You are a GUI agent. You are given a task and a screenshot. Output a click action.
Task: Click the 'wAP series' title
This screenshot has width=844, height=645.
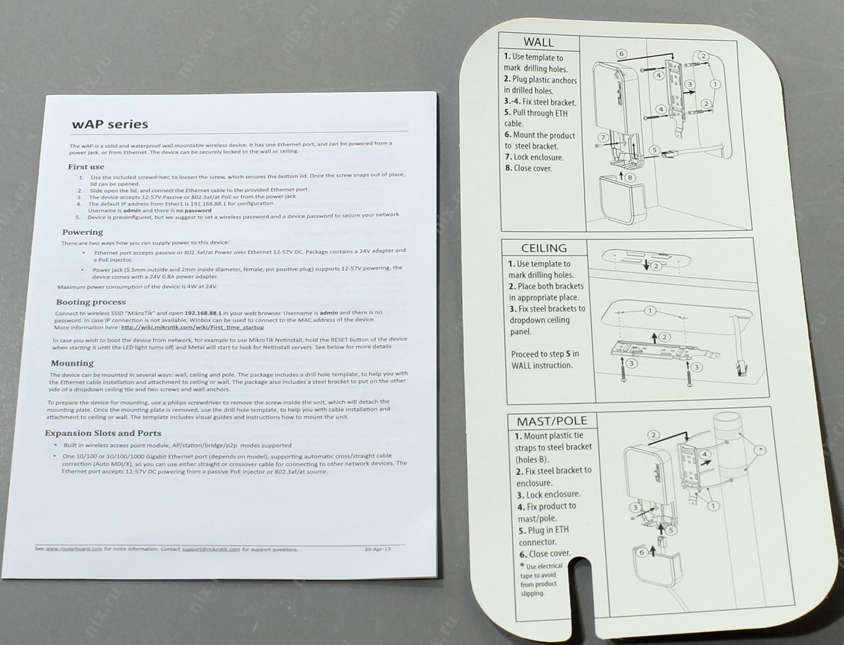[x=110, y=124]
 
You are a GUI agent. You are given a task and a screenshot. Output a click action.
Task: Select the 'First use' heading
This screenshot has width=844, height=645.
[x=86, y=167]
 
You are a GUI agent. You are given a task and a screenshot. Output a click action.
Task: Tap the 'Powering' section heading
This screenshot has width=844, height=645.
[x=83, y=232]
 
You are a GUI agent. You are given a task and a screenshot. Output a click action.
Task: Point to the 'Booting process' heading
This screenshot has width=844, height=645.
[x=91, y=302]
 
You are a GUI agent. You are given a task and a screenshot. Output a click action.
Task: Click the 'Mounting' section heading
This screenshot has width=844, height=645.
[x=72, y=363]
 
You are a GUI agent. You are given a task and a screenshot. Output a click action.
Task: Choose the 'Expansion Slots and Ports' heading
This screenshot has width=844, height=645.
[x=103, y=433]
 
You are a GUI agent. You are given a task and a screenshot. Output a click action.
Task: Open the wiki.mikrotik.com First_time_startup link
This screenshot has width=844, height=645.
[x=192, y=327]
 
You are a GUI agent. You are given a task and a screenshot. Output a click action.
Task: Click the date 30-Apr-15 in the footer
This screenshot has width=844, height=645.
[x=378, y=549]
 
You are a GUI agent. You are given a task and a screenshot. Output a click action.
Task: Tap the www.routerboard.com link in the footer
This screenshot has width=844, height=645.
[x=74, y=549]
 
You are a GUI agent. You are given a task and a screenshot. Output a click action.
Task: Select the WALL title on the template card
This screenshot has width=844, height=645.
[x=539, y=42]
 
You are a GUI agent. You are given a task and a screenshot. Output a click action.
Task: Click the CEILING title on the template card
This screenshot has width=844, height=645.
[x=544, y=248]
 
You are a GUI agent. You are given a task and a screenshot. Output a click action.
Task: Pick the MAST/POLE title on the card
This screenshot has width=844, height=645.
[x=552, y=421]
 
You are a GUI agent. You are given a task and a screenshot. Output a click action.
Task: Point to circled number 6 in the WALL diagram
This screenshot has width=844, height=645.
[x=621, y=54]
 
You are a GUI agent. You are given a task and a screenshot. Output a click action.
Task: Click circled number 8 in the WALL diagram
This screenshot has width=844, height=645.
[x=630, y=177]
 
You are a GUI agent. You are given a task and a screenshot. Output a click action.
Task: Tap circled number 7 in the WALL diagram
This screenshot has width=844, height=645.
[x=603, y=137]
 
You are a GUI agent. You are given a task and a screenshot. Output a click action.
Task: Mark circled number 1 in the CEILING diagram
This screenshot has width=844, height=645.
[x=650, y=311]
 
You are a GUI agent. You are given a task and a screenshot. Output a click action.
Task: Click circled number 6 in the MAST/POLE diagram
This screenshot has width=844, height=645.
[x=642, y=552]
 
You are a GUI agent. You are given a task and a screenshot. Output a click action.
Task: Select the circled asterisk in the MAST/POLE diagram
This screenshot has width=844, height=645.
[x=760, y=450]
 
